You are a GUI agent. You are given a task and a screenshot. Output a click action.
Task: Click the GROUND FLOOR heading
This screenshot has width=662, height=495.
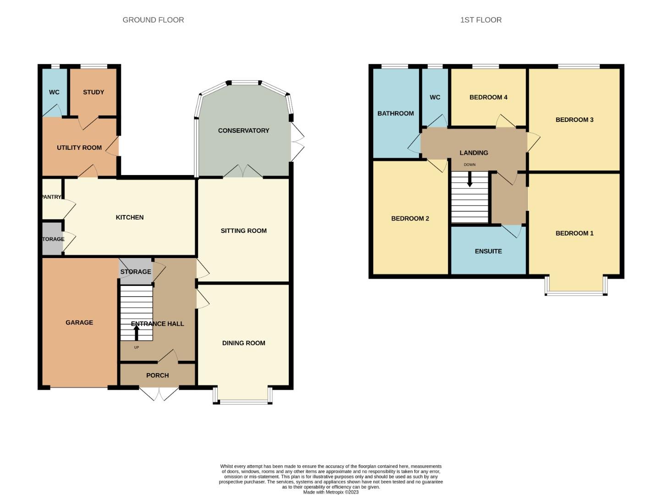[153, 20]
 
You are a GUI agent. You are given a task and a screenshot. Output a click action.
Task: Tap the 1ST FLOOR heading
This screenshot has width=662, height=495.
[481, 20]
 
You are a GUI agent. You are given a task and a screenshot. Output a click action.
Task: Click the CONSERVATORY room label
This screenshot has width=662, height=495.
[243, 131]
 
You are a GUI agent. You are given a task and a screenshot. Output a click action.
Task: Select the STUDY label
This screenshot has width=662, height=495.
[94, 92]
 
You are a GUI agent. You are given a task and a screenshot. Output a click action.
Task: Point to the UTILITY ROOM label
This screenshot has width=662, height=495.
[79, 148]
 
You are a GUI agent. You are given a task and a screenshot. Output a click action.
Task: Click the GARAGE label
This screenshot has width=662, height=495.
[79, 323]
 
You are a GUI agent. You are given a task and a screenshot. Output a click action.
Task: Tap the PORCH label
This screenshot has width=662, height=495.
[157, 375]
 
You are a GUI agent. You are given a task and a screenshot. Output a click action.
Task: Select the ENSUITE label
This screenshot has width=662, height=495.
[488, 251]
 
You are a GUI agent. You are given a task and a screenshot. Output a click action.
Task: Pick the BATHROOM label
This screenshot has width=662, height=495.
[395, 113]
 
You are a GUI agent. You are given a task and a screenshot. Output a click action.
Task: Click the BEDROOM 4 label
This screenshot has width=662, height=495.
[488, 97]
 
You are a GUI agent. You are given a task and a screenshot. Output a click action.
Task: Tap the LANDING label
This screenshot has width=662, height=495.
[474, 153]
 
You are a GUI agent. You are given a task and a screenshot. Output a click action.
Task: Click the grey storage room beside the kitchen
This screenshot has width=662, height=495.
[52, 239]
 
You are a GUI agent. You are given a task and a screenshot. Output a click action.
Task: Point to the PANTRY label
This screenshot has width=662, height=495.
[51, 197]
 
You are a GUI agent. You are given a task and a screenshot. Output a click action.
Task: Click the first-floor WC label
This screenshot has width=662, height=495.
[435, 97]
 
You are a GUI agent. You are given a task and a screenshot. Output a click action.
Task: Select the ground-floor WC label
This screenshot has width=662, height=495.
[54, 92]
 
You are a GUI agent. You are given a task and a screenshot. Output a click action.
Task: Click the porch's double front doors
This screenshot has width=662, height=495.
[159, 393]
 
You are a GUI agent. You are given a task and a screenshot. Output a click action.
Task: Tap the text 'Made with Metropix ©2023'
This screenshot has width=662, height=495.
[331, 492]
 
